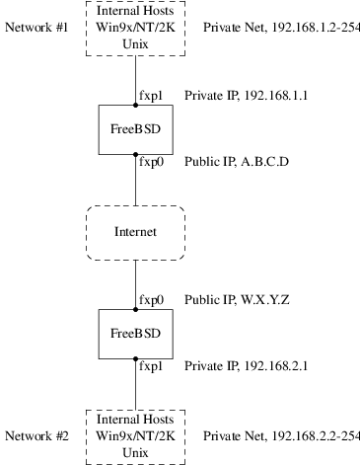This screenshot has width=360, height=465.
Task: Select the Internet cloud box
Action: click(134, 233)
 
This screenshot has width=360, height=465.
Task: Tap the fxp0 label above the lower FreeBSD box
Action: click(151, 297)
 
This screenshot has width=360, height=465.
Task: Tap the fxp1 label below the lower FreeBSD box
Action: click(151, 366)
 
